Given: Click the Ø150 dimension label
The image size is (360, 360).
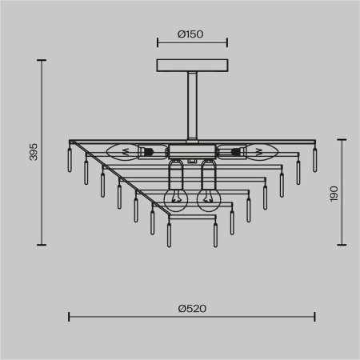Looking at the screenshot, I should [x=191, y=34].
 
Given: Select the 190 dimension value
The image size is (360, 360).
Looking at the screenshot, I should [x=334, y=194].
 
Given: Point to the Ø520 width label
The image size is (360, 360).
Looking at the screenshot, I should [x=190, y=307].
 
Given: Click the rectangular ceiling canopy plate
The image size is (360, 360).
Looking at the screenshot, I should [x=191, y=65].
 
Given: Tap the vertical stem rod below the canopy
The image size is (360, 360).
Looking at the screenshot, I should [x=192, y=104].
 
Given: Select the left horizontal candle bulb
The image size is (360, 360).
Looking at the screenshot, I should [x=122, y=150].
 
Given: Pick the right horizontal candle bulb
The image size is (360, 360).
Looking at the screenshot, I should [x=259, y=150].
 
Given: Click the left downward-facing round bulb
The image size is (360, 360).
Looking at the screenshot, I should [x=175, y=200].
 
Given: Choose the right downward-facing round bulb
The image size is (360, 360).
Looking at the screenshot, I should [x=209, y=200].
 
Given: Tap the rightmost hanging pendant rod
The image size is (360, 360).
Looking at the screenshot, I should [x=314, y=159].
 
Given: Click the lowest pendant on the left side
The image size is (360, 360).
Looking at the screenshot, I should [x=168, y=234].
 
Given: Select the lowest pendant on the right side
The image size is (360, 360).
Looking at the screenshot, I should [x=215, y=234].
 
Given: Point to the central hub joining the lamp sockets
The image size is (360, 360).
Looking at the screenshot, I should [x=191, y=150].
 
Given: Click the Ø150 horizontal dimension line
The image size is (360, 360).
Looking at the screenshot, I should [x=191, y=44].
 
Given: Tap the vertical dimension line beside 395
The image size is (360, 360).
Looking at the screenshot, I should [x=42, y=152].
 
